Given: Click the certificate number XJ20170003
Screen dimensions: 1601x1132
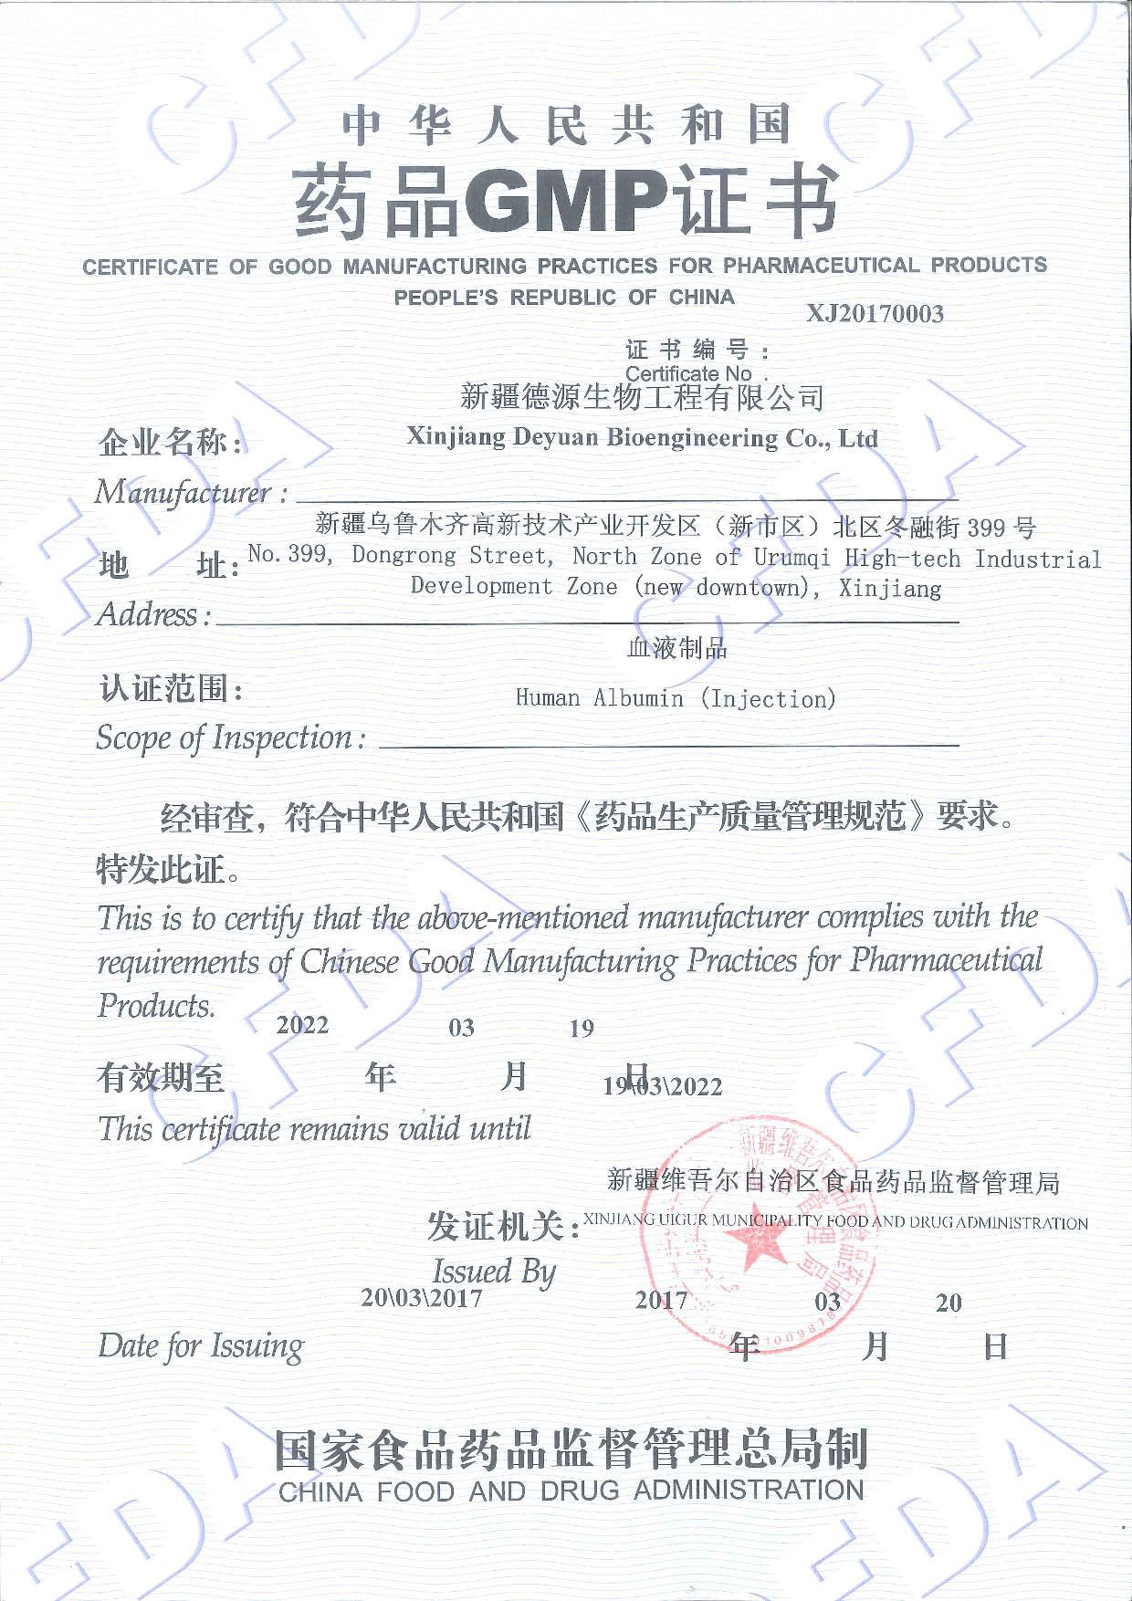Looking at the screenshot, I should click(875, 314).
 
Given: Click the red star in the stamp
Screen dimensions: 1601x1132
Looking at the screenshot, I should click(757, 1241).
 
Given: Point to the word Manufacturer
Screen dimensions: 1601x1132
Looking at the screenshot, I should click(183, 493).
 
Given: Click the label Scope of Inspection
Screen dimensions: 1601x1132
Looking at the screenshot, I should click(225, 738).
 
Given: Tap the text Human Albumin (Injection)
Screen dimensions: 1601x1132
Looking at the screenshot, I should click(676, 699).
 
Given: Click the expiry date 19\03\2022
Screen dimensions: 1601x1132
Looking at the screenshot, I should click(663, 1086).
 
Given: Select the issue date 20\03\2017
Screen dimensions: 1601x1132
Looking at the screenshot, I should click(422, 1298).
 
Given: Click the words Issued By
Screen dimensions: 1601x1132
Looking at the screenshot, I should click(494, 1271).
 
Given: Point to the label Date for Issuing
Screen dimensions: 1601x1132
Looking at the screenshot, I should click(200, 1346).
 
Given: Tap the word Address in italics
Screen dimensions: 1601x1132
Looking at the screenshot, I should click(147, 614).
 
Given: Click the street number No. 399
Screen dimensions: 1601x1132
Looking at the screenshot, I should click(289, 554).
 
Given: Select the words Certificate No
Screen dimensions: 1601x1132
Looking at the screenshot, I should click(688, 373).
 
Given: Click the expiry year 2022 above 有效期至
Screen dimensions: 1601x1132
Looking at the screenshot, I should click(302, 1025).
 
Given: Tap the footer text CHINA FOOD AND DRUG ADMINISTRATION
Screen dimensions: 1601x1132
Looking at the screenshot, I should click(571, 1491).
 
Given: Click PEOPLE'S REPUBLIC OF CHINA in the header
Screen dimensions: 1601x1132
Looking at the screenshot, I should click(564, 298).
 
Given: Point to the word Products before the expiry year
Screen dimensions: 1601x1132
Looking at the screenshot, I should click(156, 1006).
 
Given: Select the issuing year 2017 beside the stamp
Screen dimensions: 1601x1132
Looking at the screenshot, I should click(661, 1300).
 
